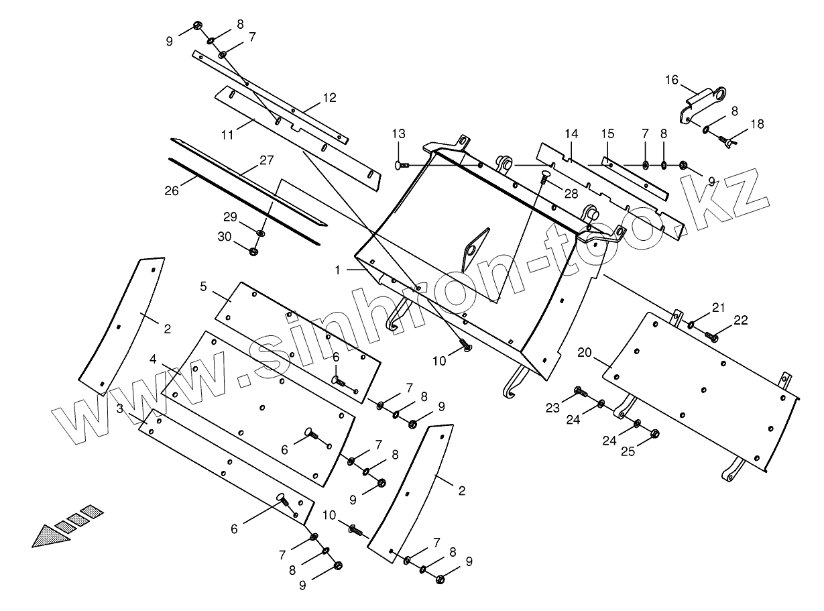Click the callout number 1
339,270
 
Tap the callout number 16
672,80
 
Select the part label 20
585,351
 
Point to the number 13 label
399,133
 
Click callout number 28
571,194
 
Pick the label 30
225,236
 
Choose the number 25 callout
628,451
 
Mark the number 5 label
203,286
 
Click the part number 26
172,190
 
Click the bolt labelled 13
402,164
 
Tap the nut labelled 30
254,251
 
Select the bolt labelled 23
581,391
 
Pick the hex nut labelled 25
655,433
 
